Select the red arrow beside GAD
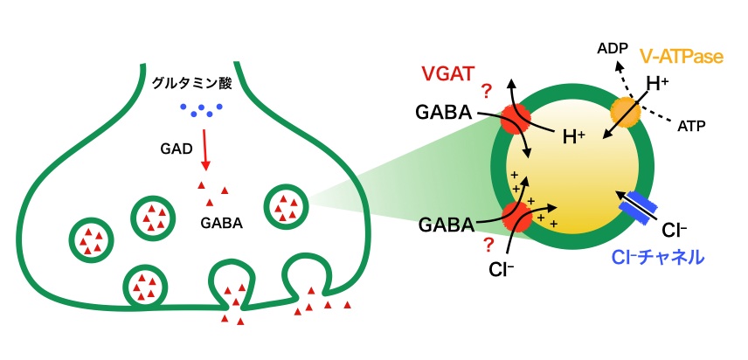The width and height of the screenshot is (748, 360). pyautogui.click(x=205, y=149)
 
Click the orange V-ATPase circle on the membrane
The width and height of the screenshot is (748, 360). pyautogui.click(x=627, y=111)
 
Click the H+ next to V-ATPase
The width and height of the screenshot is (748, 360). pyautogui.click(x=657, y=86)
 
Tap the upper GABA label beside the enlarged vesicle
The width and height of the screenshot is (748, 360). pyautogui.click(x=447, y=115)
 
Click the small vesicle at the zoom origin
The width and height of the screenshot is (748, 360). pyautogui.click(x=287, y=207)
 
